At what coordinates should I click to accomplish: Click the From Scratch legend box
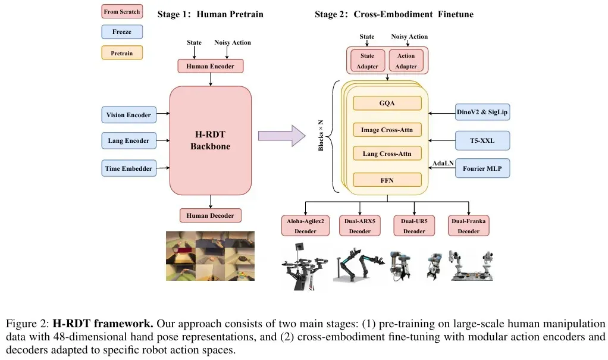[x=122, y=12]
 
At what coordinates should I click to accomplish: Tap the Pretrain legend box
[x=122, y=53]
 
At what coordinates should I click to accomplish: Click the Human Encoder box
[x=210, y=66]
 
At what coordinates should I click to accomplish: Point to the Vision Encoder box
[x=129, y=115]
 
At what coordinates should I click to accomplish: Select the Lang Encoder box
[x=129, y=141]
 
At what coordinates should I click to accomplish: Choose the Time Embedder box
[x=129, y=168]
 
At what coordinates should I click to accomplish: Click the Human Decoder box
[x=210, y=215]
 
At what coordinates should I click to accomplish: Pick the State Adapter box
[x=367, y=61]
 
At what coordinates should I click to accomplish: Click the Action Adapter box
[x=406, y=61]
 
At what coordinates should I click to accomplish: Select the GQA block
[x=387, y=103]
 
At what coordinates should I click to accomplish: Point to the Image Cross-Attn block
[x=387, y=129]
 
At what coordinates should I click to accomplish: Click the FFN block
[x=387, y=179]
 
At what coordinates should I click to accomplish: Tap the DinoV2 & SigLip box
[x=482, y=112]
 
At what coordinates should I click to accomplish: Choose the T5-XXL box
[x=482, y=140]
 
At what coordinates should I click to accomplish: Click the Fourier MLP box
[x=482, y=168]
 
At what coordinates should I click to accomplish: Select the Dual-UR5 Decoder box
[x=414, y=226]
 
